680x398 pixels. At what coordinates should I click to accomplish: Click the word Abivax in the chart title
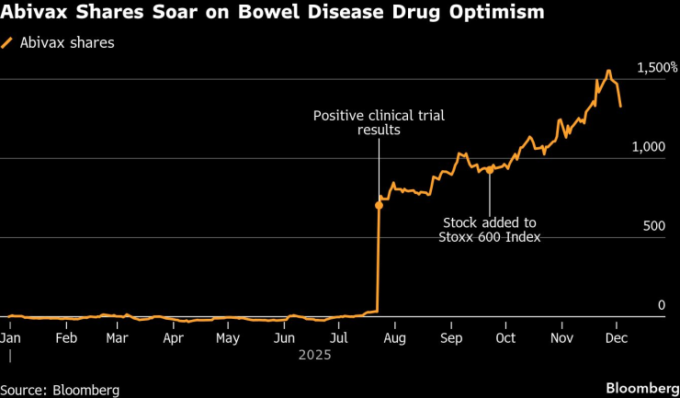point(34,13)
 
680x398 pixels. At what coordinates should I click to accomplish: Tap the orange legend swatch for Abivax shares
point(8,42)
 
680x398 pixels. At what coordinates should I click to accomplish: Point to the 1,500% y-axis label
point(656,68)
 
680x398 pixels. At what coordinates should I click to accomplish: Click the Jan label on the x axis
point(11,336)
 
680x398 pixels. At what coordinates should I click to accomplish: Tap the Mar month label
point(117,336)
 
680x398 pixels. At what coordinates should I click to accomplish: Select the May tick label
point(228,336)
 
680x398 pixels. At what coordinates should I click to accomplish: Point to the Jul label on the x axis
point(339,336)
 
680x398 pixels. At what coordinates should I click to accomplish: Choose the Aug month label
point(395,336)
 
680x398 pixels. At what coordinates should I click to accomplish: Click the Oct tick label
point(505,336)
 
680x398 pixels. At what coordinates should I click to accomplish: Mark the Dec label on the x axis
point(617,336)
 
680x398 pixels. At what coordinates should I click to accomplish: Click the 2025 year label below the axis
point(314,352)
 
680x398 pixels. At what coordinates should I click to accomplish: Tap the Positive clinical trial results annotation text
point(378,122)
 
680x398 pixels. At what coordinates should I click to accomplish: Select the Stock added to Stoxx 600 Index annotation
point(490,230)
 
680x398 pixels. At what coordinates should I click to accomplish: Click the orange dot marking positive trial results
point(379,205)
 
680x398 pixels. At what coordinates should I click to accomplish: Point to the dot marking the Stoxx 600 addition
point(490,170)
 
